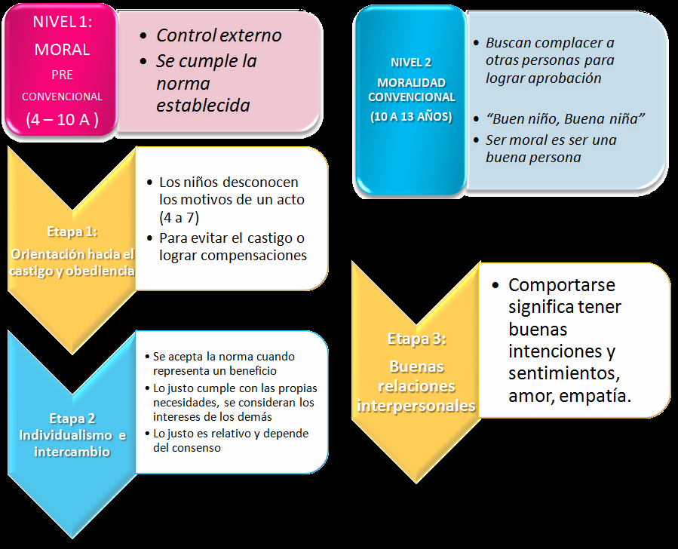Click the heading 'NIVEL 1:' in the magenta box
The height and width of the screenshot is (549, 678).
[x=61, y=22]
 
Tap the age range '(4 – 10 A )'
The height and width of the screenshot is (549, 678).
[x=61, y=118]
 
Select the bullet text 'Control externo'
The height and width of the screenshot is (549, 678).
[x=219, y=35]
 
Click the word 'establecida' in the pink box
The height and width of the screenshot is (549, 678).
[x=203, y=105]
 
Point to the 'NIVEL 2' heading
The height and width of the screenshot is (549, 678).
[x=412, y=63]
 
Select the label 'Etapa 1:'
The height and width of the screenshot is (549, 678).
[x=72, y=231]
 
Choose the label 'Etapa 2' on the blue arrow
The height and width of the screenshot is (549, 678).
[x=72, y=418]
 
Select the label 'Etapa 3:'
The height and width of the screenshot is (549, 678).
[x=416, y=339]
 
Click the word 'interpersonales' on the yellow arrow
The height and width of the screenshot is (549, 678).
[x=416, y=406]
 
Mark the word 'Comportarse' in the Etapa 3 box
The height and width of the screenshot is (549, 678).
[x=562, y=285]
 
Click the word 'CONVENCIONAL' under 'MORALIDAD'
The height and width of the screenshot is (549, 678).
[x=412, y=97]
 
